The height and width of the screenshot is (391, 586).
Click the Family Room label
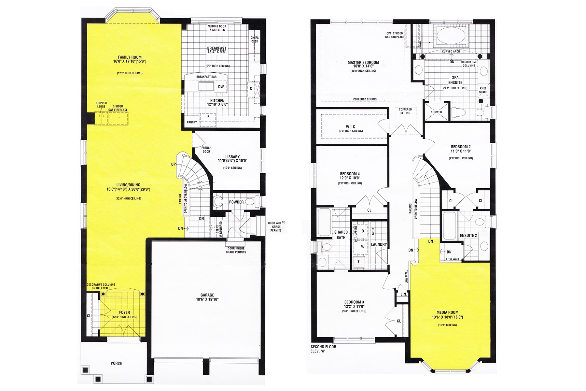[x=130, y=57]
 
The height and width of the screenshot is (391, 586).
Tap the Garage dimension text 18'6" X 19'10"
[x=207, y=299]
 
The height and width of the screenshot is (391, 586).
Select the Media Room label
[x=447, y=312]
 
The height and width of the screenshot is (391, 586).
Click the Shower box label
[x=436, y=112]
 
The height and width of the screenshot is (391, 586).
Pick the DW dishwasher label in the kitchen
[x=221, y=87]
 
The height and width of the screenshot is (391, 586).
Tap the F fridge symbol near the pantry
[x=208, y=117]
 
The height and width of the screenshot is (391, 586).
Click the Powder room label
[x=236, y=202]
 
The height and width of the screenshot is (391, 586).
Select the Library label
[x=232, y=156]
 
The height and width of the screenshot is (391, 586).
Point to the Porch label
[x=117, y=363]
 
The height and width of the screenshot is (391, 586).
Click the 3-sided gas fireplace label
[x=120, y=108]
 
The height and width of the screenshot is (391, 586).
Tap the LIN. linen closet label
[x=404, y=294]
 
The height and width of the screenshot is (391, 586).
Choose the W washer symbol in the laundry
[x=363, y=247]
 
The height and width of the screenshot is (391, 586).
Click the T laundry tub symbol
[x=359, y=262]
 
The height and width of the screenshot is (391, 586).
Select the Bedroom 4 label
[x=350, y=174]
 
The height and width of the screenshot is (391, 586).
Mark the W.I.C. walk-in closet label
[x=351, y=127]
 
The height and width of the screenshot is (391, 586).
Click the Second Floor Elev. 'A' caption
[x=324, y=349]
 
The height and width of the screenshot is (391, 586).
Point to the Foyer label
[x=124, y=312]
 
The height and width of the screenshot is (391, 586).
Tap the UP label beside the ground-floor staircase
[x=174, y=164]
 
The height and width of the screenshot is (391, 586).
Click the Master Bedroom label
[x=363, y=62]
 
